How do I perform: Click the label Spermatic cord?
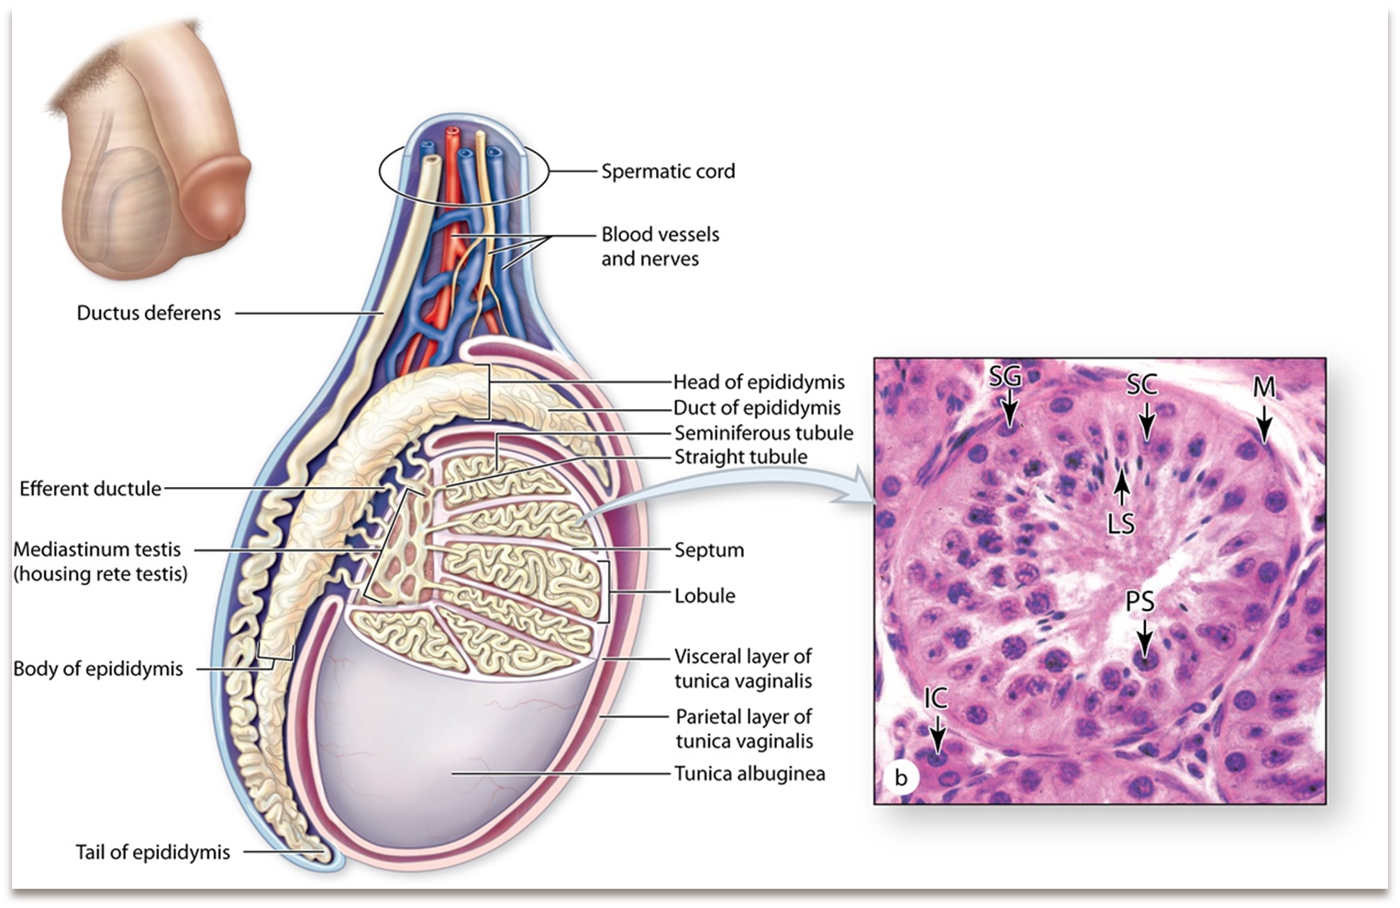point(668,172)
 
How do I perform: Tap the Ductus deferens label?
point(149,313)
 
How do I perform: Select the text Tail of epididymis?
point(152,852)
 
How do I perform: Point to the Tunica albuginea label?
point(750,773)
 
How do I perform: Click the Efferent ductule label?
point(90,489)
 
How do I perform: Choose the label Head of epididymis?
point(759,382)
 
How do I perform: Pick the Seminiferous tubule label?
point(763,433)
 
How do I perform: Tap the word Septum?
point(709,550)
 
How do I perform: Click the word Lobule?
point(705,595)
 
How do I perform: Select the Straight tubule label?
point(740,457)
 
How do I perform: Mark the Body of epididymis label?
point(98,669)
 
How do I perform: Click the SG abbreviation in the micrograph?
point(1006,377)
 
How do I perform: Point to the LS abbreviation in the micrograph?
point(1121,524)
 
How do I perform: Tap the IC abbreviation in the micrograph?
point(935,699)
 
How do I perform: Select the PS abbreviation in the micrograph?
point(1139,602)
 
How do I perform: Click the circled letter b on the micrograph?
point(901,778)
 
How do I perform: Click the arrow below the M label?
point(1264,423)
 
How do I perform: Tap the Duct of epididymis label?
point(757,407)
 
